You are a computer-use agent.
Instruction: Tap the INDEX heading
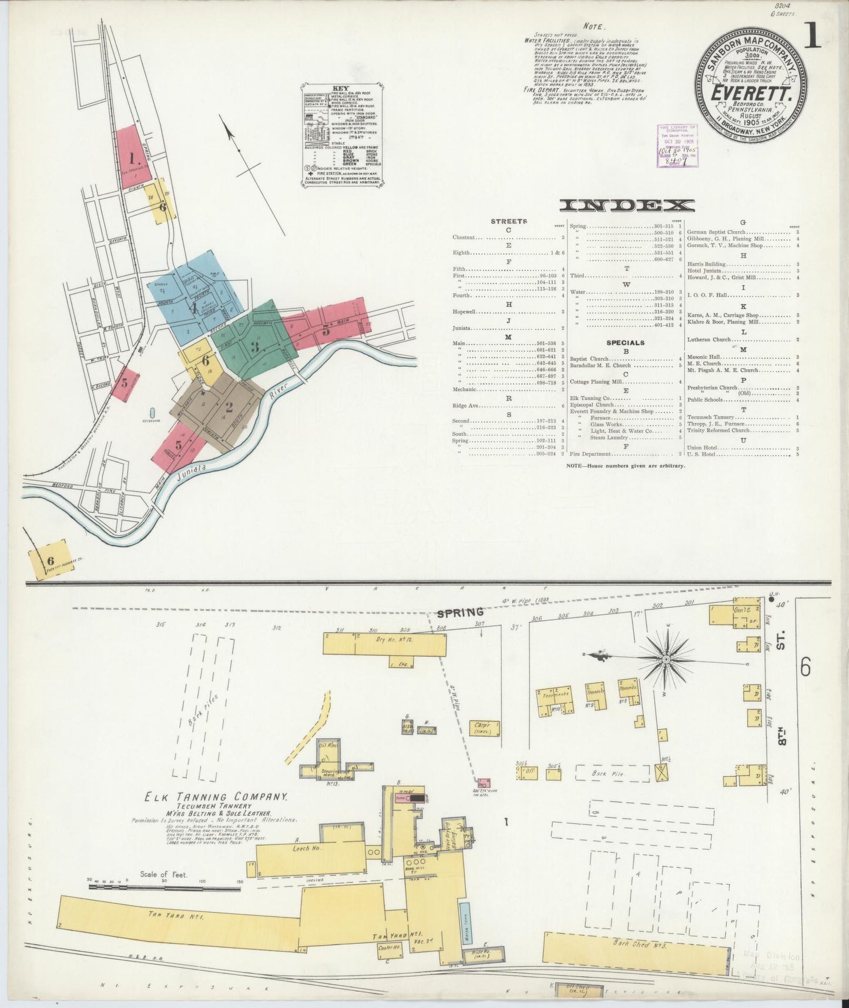(x=626, y=205)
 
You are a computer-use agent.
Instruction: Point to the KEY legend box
(x=345, y=136)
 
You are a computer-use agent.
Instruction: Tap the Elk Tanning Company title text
(x=216, y=797)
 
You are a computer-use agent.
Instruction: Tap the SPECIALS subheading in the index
(x=626, y=342)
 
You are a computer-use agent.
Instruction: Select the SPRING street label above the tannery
(x=459, y=613)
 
